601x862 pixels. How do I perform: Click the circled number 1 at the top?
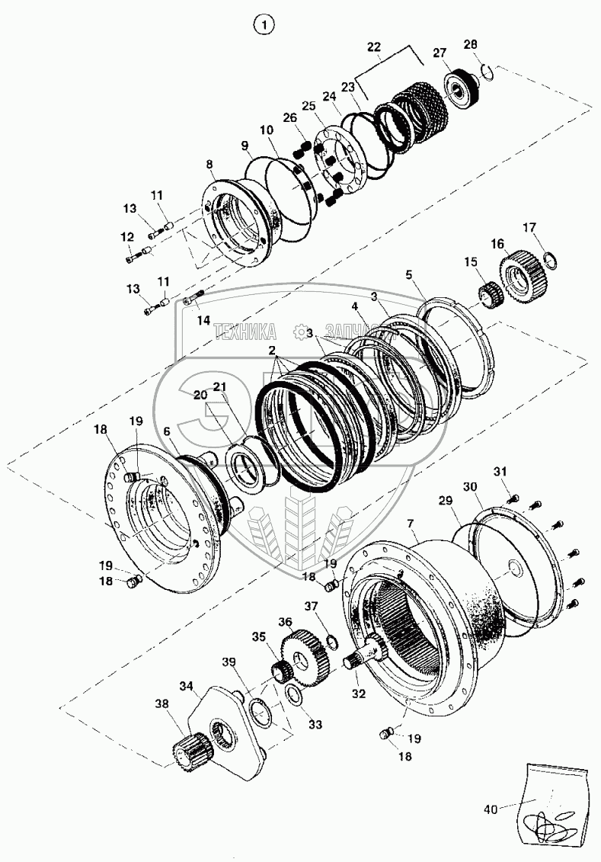pyautogui.click(x=264, y=26)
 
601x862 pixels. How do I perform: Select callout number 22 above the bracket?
pyautogui.click(x=374, y=47)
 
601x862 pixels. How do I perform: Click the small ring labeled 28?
pyautogui.click(x=488, y=72)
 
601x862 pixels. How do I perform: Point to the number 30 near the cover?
pyautogui.click(x=469, y=486)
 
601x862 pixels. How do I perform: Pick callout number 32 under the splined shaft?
pyautogui.click(x=359, y=694)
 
